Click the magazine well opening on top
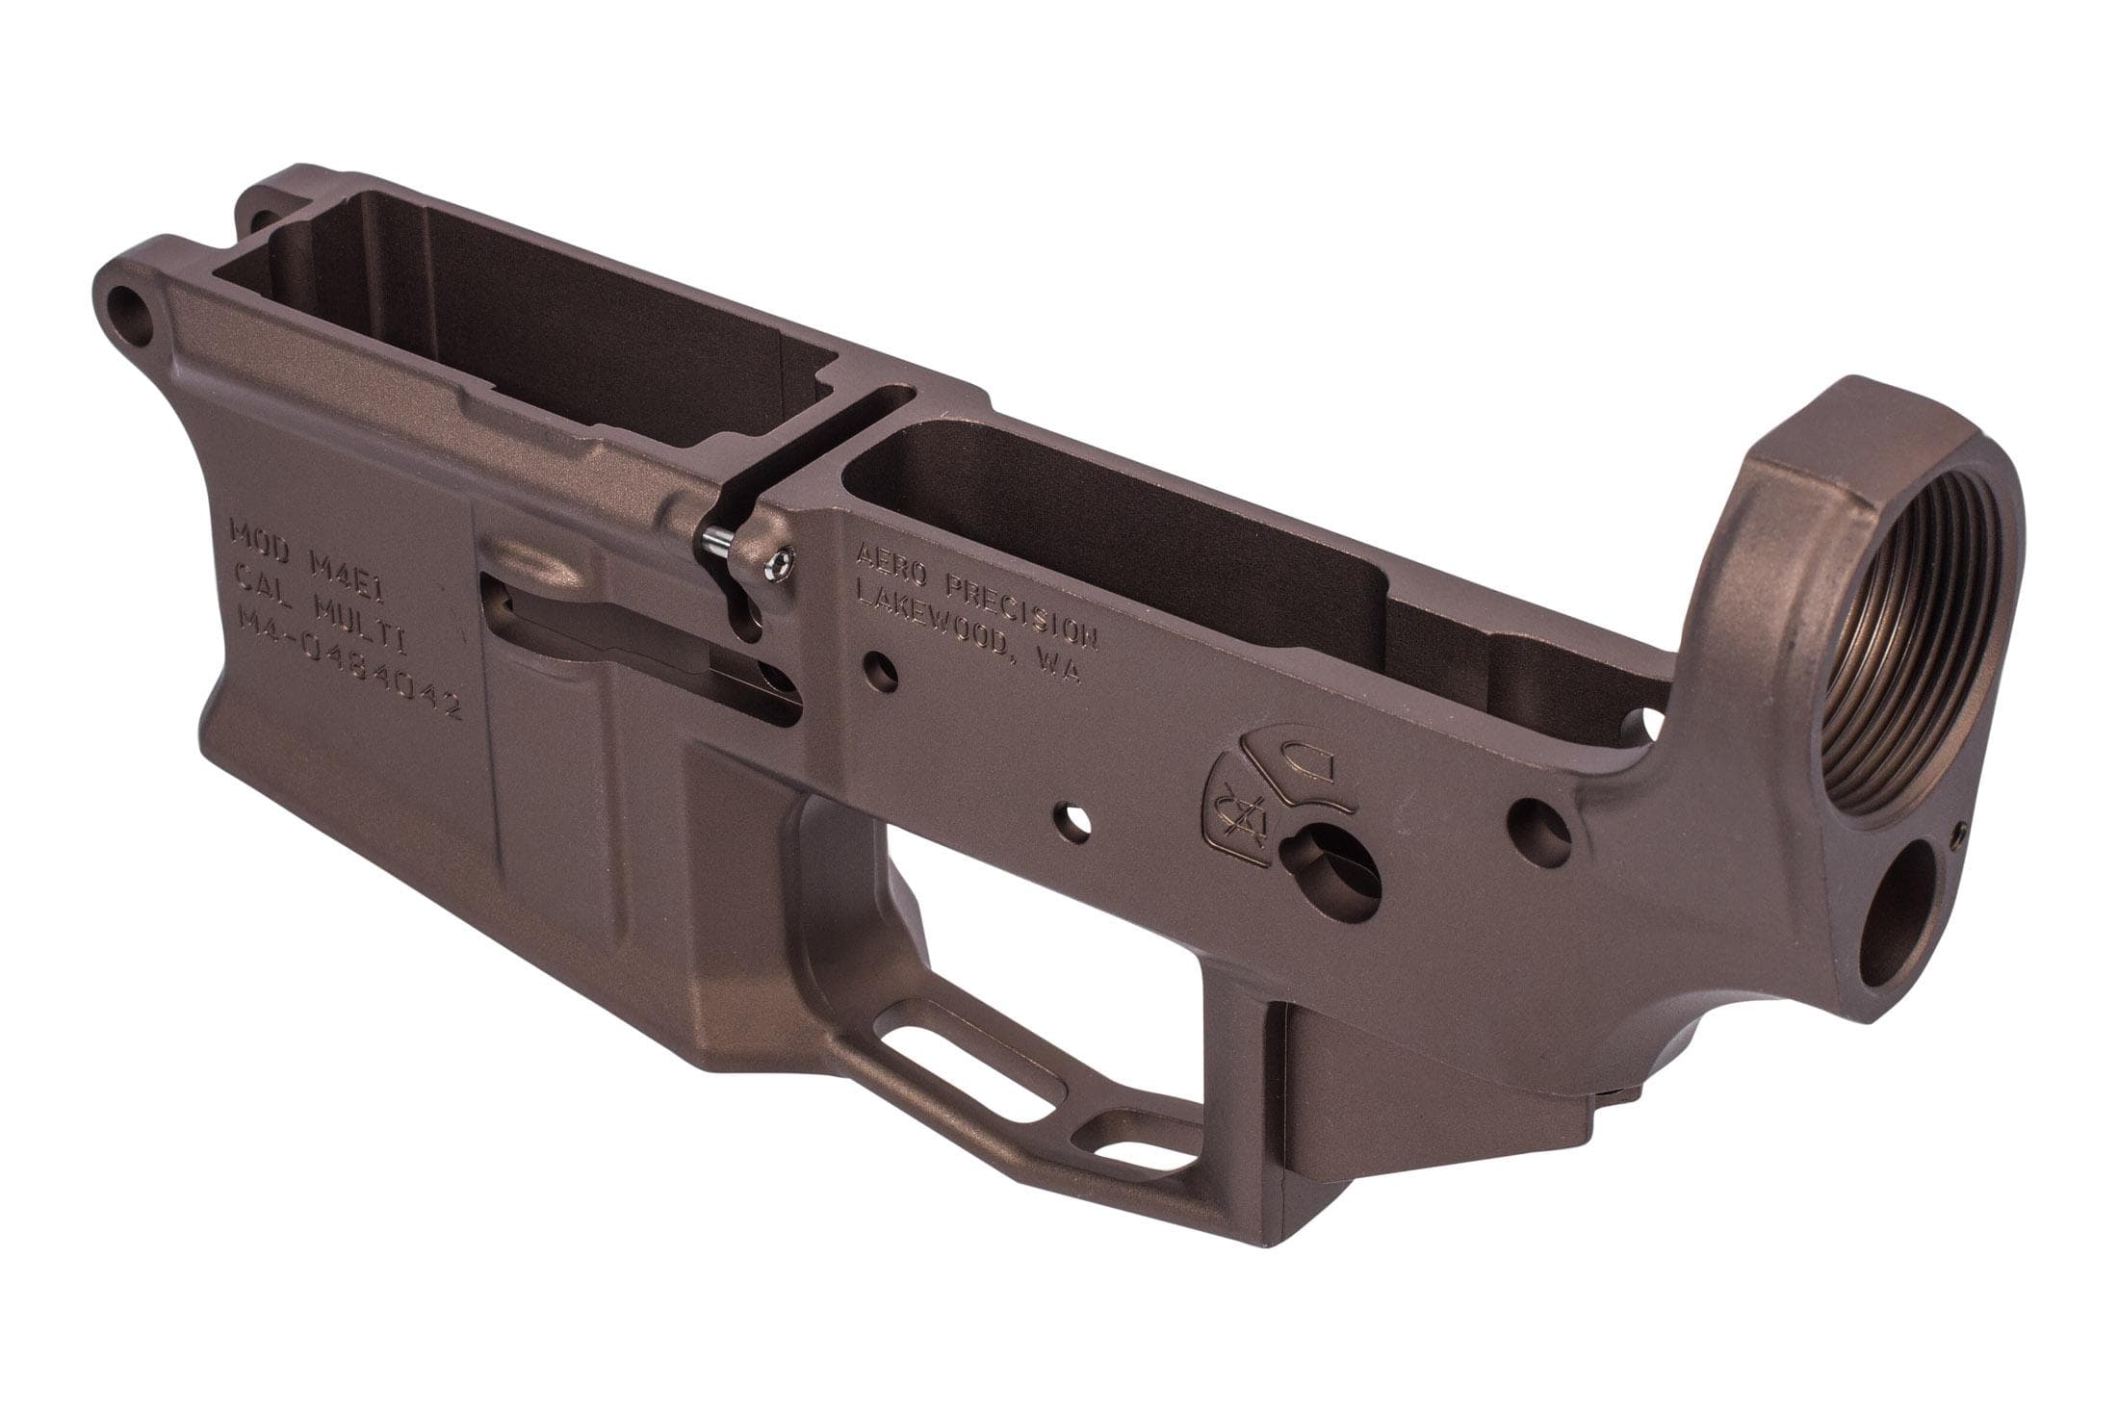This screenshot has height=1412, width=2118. (x=520, y=318)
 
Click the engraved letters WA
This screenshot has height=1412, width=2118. (x=1057, y=667)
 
